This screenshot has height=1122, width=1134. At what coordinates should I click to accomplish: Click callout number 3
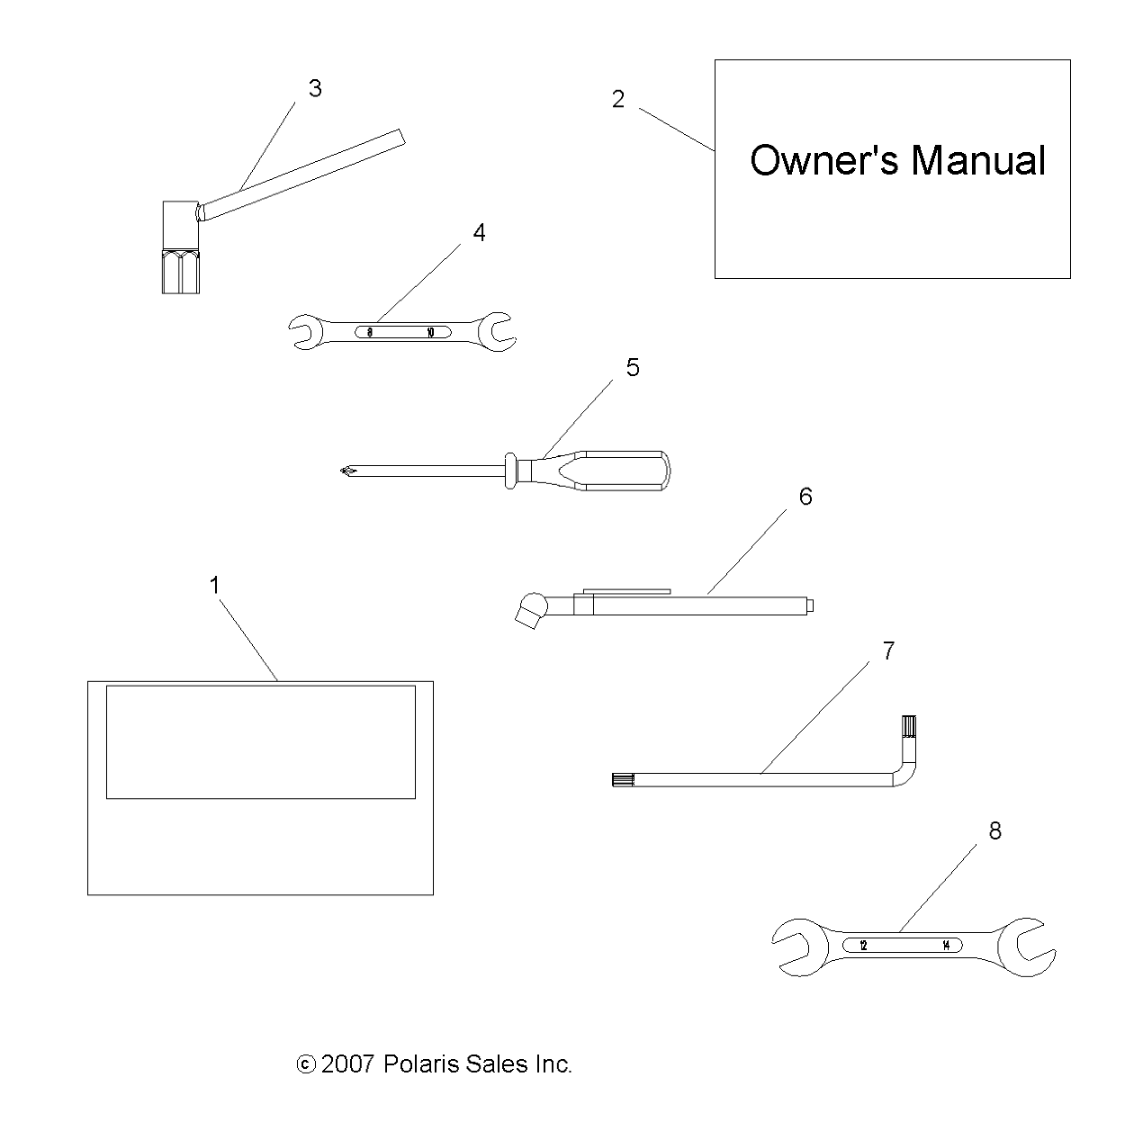click(314, 88)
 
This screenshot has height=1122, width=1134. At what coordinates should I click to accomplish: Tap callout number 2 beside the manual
click(617, 99)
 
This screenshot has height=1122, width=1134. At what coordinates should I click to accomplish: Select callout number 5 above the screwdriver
click(633, 367)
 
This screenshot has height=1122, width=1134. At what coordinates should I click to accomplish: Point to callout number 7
click(888, 651)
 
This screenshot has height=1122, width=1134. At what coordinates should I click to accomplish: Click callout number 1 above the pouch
click(214, 585)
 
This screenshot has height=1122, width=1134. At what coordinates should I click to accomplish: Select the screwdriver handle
click(621, 469)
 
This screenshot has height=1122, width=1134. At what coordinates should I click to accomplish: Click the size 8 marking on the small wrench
click(370, 332)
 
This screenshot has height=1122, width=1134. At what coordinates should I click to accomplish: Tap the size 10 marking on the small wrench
click(430, 332)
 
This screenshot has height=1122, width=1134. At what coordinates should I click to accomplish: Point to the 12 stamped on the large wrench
click(863, 946)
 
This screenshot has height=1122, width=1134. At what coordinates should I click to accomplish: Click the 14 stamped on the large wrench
click(945, 946)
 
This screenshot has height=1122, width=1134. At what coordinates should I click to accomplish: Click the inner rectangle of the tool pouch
click(260, 741)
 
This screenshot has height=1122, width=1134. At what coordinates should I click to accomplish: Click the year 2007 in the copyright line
click(346, 1064)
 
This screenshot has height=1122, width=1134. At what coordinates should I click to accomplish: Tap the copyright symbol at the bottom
click(306, 1065)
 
